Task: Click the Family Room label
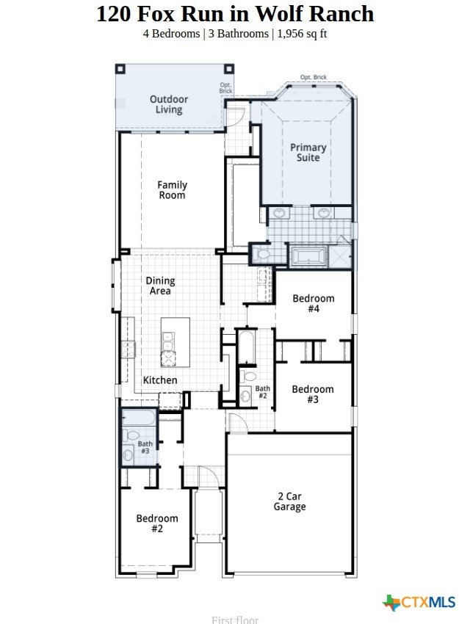pos(172,190)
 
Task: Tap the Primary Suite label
pos(308,153)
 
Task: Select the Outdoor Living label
pos(169,104)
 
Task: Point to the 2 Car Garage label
pos(290,501)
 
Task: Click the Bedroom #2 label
pos(157,523)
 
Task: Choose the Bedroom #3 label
pos(313,394)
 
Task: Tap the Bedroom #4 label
pos(314,303)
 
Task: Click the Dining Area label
pos(160,286)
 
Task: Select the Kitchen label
pos(160,380)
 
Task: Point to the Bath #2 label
pos(263,392)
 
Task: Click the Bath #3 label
pos(145,447)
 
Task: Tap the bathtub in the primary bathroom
pos(308,255)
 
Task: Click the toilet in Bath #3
pos(131,435)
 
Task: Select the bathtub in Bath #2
pos(247,347)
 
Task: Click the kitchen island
pos(175,342)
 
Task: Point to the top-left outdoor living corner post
pos(120,69)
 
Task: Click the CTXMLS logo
pos(419,602)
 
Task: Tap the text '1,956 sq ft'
pos(302,34)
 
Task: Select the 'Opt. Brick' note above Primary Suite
pos(314,77)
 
